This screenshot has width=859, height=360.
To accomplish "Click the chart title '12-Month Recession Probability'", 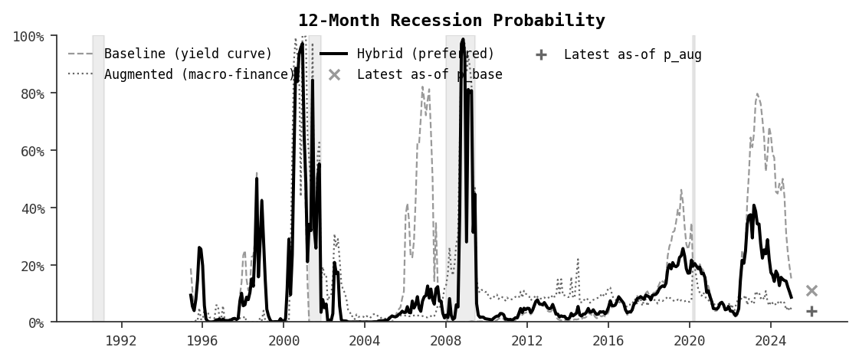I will pyautogui.click(x=451, y=21).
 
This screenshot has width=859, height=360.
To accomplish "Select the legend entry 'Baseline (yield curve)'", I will pyautogui.click(x=188, y=54).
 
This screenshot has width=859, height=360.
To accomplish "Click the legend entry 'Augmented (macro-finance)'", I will pyautogui.click(x=199, y=74).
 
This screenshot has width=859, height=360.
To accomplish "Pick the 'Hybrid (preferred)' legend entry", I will pyautogui.click(x=425, y=54).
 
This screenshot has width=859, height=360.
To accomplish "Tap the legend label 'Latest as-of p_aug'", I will pyautogui.click(x=632, y=54).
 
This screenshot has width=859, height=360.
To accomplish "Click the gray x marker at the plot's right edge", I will pyautogui.click(x=811, y=291).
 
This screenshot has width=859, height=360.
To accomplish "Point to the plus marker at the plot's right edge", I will pyautogui.click(x=811, y=311).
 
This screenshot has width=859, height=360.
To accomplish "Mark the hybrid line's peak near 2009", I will pyautogui.click(x=463, y=40).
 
